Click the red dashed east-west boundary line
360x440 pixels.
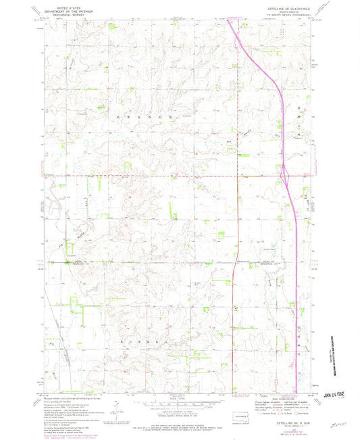tap(135, 178)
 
